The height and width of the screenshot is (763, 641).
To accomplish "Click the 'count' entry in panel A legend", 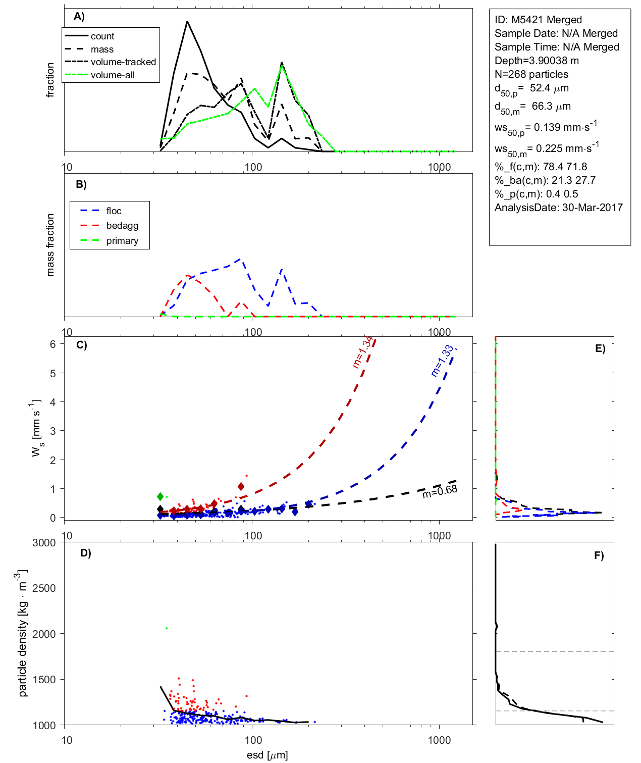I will tap(102, 36).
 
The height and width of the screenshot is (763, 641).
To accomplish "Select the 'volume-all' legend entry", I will tap(112, 75).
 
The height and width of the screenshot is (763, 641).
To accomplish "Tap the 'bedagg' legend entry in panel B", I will tap(122, 226).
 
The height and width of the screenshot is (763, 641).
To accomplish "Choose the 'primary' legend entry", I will tap(122, 241).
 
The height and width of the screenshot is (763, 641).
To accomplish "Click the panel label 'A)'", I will tap(79, 16).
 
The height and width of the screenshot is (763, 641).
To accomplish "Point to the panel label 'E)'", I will tap(600, 348).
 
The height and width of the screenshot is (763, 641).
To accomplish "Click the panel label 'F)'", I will tap(599, 555).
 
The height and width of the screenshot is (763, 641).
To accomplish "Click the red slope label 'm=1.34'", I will tap(363, 352).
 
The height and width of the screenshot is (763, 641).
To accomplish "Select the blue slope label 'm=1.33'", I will tap(442, 361).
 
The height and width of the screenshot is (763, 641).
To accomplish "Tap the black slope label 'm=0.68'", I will tap(440, 491).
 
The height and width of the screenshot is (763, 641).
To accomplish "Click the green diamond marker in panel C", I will tap(161, 497).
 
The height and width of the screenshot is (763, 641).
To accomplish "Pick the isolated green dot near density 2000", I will tap(167, 628).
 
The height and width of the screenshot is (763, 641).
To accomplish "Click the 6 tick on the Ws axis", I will tap(53, 344).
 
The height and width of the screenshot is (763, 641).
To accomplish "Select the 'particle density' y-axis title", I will tap(22, 633).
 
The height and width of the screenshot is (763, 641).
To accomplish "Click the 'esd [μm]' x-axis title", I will tap(268, 755).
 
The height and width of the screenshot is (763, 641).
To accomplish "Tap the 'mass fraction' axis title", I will tap(50, 245).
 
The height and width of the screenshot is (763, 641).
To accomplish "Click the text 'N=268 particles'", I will tap(531, 74).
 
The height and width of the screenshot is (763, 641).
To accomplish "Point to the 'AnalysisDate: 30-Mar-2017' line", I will tap(558, 208).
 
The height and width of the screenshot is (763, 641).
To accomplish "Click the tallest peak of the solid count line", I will tap(187, 22).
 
